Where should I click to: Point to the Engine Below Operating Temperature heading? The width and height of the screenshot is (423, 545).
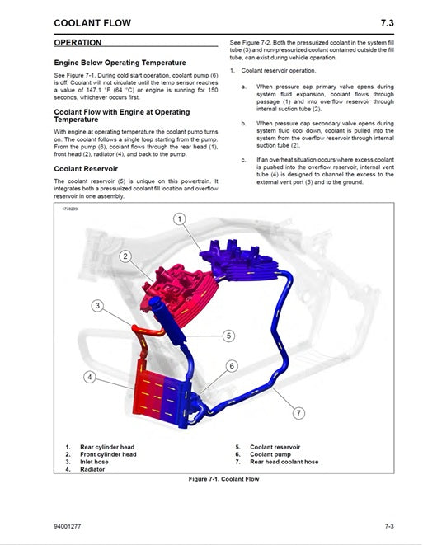click(x=120, y=63)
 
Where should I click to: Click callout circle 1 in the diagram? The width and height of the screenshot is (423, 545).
click(x=180, y=218)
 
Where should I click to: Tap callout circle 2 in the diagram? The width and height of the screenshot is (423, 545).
click(x=125, y=256)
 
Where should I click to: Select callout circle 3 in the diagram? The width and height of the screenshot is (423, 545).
click(x=97, y=306)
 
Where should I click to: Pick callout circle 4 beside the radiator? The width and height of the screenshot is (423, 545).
click(x=91, y=378)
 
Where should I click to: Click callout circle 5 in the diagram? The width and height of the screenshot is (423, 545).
click(x=228, y=336)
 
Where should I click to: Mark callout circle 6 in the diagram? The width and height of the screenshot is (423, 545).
click(x=232, y=365)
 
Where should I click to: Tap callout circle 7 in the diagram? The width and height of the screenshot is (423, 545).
click(x=298, y=412)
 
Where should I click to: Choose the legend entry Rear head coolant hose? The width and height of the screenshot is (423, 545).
click(x=284, y=462)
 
